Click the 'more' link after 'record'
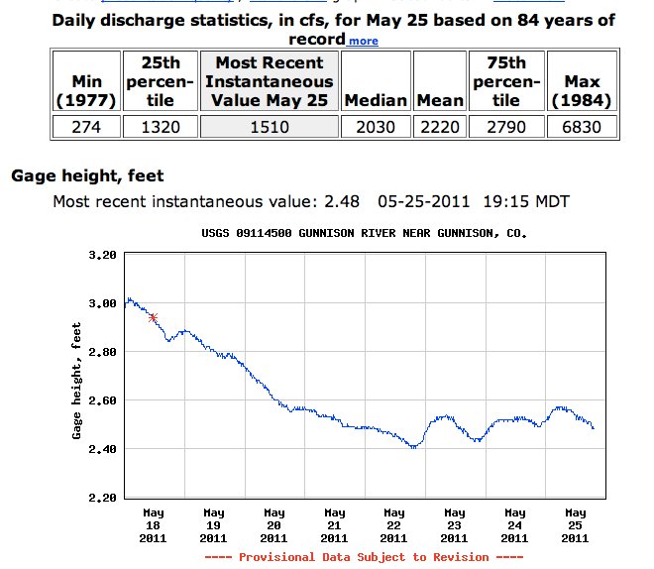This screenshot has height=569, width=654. click(x=363, y=41)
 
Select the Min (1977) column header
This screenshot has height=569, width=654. click(x=87, y=90)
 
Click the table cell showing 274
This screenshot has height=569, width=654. click(x=87, y=127)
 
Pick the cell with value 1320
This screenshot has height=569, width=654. click(x=152, y=127)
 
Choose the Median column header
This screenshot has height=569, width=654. click(x=376, y=100)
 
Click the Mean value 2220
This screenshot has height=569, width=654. click(x=440, y=127)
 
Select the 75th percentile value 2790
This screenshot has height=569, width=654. click(x=506, y=127)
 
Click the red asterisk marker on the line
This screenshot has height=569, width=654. click(x=153, y=317)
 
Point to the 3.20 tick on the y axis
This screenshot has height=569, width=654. click(x=103, y=255)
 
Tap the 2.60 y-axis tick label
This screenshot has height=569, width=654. click(x=103, y=400)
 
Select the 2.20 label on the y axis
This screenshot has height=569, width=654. click(x=103, y=498)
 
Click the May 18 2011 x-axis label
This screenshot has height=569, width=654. click(x=153, y=525)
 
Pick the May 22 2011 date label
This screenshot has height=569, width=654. click(x=393, y=525)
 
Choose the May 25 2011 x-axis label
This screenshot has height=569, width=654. click(x=575, y=525)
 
